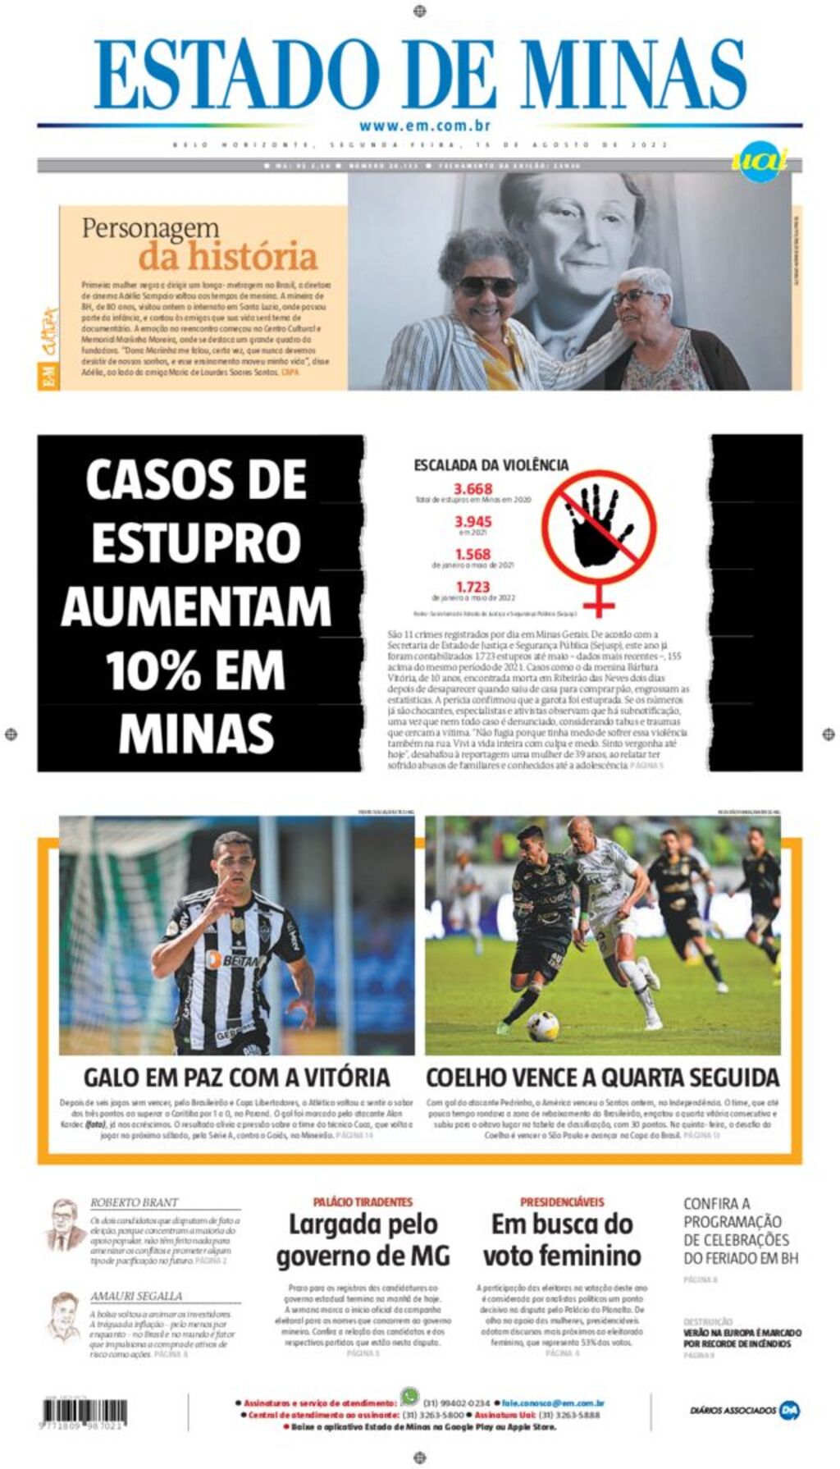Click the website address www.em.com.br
(424, 126)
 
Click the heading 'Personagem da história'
(199, 243)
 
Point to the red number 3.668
(473, 489)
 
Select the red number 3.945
(473, 522)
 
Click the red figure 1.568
(473, 555)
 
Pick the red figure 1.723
(473, 588)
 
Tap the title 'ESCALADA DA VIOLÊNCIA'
(491, 465)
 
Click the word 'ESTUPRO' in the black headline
(196, 542)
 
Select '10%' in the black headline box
(153, 670)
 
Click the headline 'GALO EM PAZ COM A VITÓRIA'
(236, 1077)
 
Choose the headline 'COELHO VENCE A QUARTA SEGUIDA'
(602, 1077)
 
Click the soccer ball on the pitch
(543, 1025)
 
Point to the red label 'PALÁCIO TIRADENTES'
(363, 1201)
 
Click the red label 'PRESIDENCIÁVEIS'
(562, 1201)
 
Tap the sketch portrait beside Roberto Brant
(64, 1226)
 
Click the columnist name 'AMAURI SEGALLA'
(136, 1297)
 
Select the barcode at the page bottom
(84, 1412)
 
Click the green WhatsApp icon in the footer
(409, 1395)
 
